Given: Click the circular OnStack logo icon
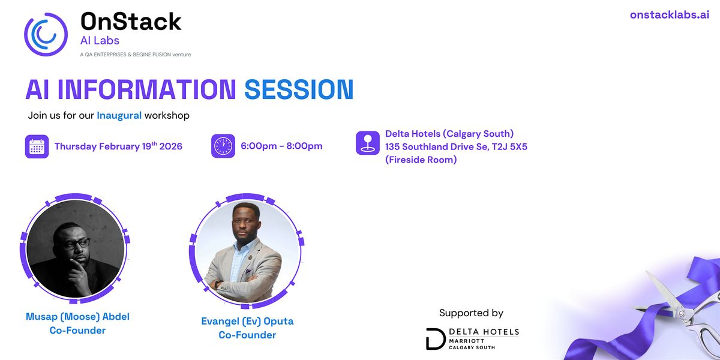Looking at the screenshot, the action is click(46, 34).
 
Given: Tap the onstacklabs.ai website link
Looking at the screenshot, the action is click(669, 15).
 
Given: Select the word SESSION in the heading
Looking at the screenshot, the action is click(299, 89).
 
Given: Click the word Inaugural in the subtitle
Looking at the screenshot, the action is click(119, 115).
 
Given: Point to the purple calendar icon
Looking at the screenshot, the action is click(37, 146).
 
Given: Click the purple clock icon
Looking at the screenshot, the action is click(223, 146).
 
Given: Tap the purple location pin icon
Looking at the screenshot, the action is click(368, 143).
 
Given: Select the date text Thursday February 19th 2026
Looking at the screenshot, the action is click(118, 146).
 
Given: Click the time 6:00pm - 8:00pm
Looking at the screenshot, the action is click(281, 146).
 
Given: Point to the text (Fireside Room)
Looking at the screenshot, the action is click(421, 160).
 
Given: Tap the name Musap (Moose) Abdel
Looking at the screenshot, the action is click(77, 317).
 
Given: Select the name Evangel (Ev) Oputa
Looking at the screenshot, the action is click(247, 321).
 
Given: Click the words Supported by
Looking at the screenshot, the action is click(471, 313).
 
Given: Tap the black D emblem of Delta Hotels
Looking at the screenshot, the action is click(436, 339).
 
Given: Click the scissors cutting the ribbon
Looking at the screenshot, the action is click(685, 313).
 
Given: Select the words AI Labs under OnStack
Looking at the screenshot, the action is click(100, 41).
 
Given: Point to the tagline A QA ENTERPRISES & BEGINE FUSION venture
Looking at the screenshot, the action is click(136, 55).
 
